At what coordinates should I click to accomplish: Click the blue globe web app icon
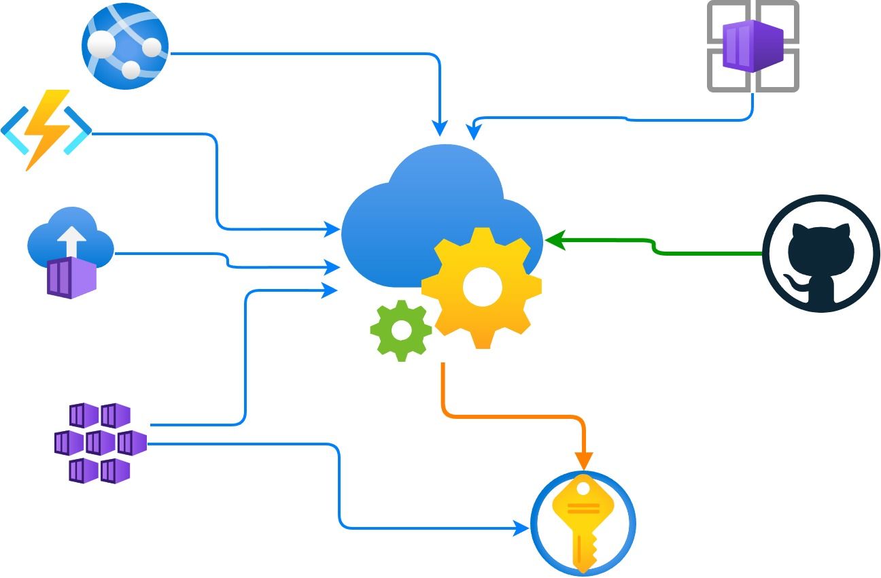click(125, 46)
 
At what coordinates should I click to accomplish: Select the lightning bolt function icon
click(46, 129)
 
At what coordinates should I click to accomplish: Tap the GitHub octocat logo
click(821, 254)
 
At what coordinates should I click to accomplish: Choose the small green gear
click(401, 330)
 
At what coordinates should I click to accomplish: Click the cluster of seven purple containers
click(101, 443)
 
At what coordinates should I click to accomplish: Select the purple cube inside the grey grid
click(753, 46)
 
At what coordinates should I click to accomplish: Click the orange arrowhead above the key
click(583, 460)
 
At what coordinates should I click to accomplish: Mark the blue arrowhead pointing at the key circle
click(522, 528)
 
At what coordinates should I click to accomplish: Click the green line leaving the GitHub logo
click(707, 254)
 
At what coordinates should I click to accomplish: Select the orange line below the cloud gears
click(510, 416)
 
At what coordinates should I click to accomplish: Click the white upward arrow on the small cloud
click(73, 239)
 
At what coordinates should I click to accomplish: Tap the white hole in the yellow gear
click(482, 287)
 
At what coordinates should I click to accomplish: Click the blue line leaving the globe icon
click(306, 54)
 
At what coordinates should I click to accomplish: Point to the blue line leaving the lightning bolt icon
click(156, 134)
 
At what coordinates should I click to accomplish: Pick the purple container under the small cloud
click(71, 278)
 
